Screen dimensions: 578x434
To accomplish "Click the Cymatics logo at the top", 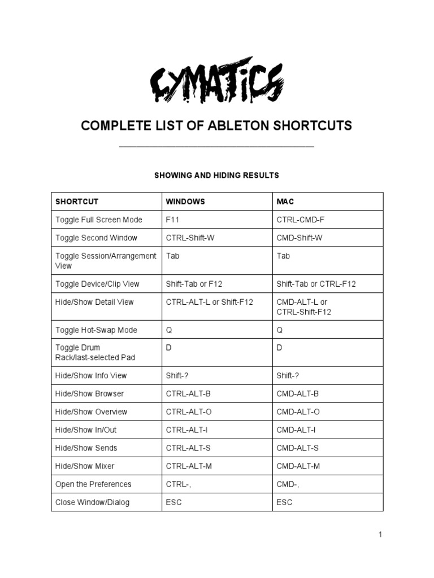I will (216, 83).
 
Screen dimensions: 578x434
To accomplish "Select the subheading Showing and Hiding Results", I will (216, 176).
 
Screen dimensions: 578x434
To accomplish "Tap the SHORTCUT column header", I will (77, 202).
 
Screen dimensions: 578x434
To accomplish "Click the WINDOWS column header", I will (185, 202).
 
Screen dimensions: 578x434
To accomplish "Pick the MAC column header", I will (285, 202).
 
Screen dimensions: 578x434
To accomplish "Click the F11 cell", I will (172, 220).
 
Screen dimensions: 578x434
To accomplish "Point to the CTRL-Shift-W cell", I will (190, 238).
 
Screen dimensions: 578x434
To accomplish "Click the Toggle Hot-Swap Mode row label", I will (96, 330).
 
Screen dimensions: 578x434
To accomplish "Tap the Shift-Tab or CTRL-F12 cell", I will (316, 284).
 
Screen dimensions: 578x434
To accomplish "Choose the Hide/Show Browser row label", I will (89, 393).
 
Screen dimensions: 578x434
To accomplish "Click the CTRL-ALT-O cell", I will (189, 411).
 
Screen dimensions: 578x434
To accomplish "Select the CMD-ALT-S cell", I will (298, 448).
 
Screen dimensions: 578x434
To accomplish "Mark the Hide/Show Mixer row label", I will (85, 466).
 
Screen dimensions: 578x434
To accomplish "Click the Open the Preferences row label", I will (93, 484).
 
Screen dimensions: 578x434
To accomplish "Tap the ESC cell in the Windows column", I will (174, 502).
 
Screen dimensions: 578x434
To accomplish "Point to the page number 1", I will (380, 535).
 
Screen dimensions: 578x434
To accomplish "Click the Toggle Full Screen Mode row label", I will (98, 220).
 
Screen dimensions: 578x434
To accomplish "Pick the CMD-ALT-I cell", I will (296, 430).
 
